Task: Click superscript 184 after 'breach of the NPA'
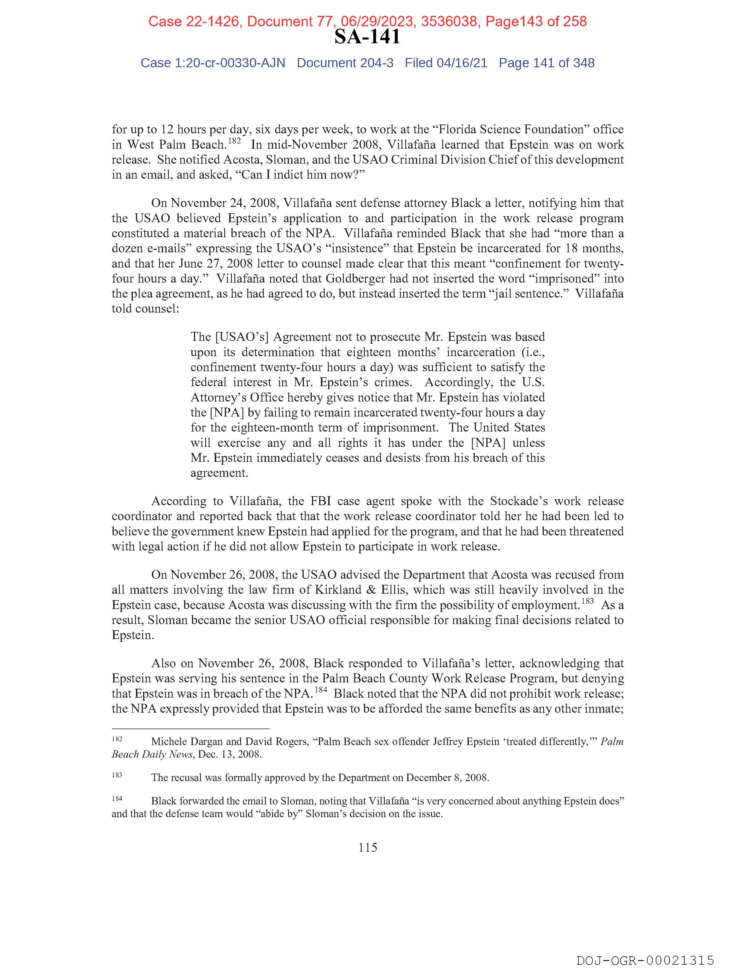pyautogui.click(x=321, y=690)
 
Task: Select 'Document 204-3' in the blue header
pyautogui.click(x=345, y=63)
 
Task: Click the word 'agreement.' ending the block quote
pyautogui.click(x=219, y=473)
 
